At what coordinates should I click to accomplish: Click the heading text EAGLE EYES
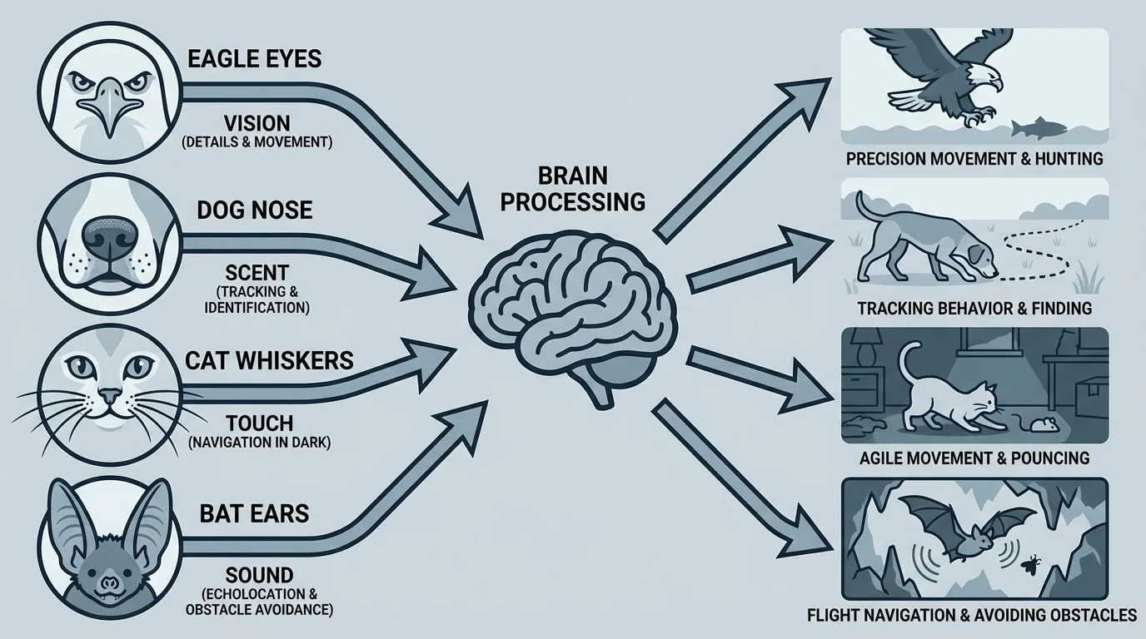coord(256,60)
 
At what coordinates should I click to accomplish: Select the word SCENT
coord(257,272)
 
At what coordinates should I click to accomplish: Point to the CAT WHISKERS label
coord(270,360)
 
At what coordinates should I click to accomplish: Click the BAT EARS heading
coord(254,513)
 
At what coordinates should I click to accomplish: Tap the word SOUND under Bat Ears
coord(259,575)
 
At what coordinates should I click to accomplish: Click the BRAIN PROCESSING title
coord(574,189)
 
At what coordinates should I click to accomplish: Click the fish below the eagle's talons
coord(1038,128)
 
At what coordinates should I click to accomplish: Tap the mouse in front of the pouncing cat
coord(1040,426)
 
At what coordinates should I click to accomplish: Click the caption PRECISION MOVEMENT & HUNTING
coord(974,158)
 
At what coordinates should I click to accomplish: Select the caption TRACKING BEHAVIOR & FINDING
coord(974,308)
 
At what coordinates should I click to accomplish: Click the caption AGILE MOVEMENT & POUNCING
coord(974,458)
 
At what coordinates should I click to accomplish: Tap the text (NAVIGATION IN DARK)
coord(260,443)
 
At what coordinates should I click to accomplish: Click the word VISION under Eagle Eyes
coord(257,122)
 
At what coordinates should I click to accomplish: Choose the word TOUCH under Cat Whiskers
coord(259,423)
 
